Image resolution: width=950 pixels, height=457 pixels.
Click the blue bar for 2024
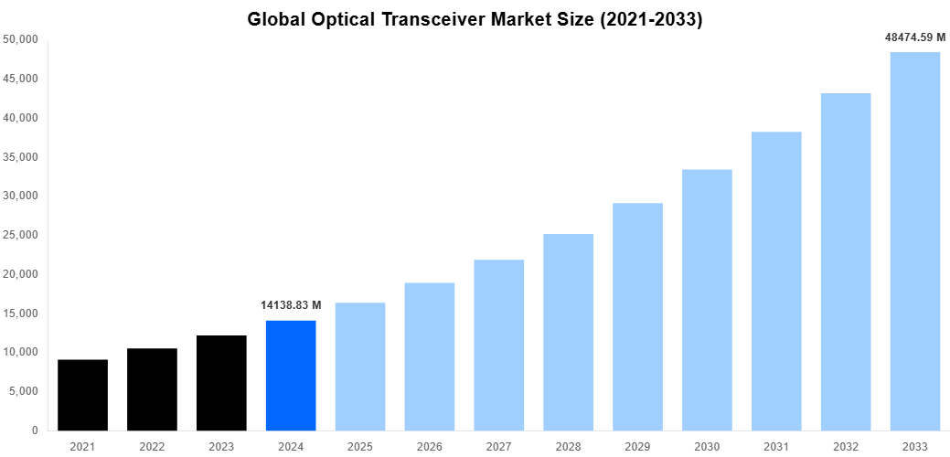[291, 376]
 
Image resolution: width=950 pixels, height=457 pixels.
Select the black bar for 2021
[82, 395]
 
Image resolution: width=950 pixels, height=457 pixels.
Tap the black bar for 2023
[221, 383]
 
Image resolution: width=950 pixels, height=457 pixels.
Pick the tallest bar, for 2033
[915, 241]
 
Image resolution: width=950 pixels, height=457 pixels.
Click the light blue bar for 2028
[568, 332]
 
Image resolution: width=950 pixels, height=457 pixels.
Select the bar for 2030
[707, 300]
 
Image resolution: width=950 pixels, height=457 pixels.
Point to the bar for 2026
[430, 356]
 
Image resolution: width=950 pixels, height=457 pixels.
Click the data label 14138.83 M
[291, 304]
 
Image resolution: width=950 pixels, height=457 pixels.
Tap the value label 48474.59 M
[914, 37]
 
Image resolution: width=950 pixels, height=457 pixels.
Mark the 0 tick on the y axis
[34, 430]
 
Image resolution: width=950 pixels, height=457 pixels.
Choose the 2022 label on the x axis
[152, 446]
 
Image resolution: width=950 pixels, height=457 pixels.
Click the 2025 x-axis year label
[360, 446]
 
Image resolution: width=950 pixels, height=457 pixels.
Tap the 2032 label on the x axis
[846, 446]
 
